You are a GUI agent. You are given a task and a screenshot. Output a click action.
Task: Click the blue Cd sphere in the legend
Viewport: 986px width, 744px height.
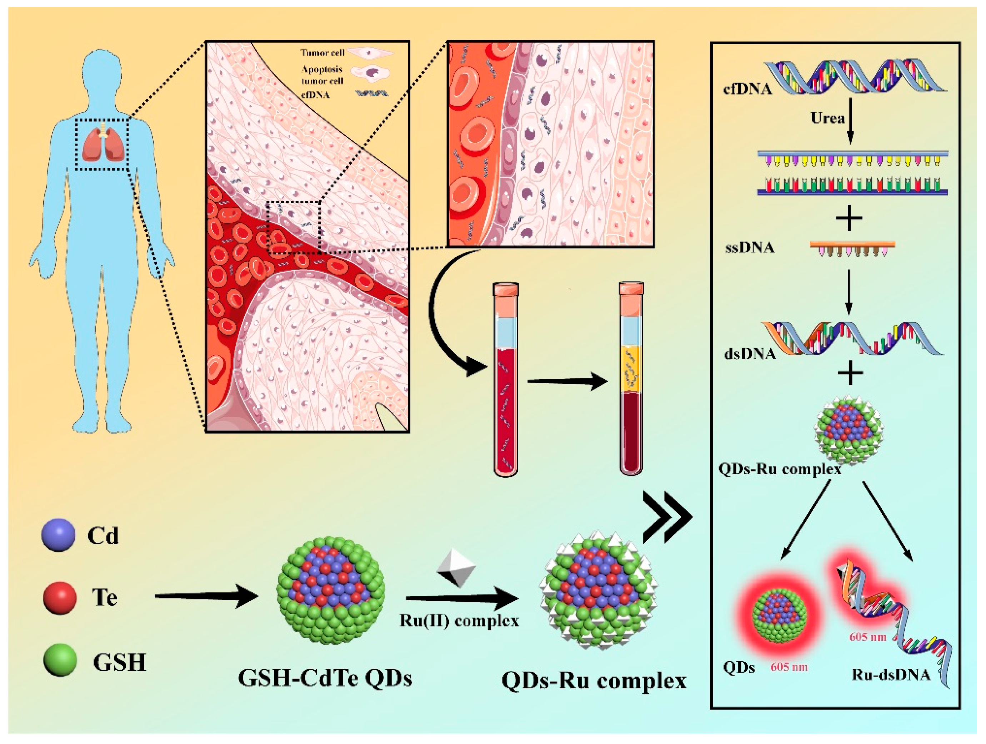coord(59,535)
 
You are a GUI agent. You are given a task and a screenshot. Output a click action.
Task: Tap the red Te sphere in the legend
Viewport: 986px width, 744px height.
coord(60,597)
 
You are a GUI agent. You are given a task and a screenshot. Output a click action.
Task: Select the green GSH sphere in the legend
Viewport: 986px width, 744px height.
coord(60,660)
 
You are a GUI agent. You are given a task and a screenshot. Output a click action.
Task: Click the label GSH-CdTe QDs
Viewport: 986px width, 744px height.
coord(325,678)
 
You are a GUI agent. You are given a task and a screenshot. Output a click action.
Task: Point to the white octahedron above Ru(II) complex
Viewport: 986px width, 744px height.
coord(456,567)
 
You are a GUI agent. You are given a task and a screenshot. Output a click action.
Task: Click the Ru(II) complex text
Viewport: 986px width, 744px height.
coord(459,621)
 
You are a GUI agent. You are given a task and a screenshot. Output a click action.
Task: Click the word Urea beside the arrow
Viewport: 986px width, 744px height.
coord(827,118)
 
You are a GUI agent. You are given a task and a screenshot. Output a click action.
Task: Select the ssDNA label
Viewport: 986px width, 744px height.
coord(750,248)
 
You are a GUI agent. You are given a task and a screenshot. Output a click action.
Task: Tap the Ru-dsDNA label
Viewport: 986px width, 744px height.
coord(891,674)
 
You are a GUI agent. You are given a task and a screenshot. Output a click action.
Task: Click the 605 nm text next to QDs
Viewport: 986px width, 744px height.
coord(789,667)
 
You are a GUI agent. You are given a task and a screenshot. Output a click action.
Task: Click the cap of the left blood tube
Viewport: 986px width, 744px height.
coord(505,290)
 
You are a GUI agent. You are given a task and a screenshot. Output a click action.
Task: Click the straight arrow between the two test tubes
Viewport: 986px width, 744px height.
coord(567,381)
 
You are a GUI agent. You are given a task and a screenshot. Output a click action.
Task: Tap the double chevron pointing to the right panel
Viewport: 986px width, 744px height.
coord(666,518)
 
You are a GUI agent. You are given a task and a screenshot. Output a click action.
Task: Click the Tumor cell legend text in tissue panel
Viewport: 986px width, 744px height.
coord(322,52)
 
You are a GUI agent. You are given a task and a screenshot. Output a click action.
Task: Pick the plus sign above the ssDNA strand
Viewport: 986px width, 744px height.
coord(849,218)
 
